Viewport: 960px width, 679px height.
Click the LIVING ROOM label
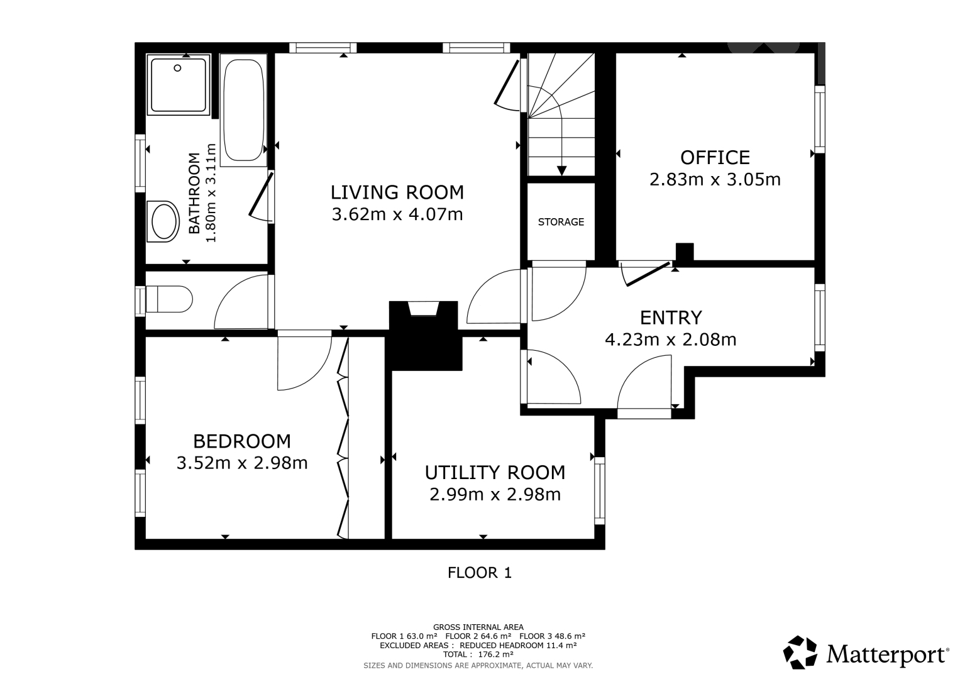(x=397, y=192)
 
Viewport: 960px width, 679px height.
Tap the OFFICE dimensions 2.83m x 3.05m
(x=715, y=179)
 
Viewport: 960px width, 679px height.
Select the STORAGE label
(x=561, y=221)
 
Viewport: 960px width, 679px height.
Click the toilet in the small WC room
(x=169, y=299)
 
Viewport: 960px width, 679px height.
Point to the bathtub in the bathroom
(x=243, y=110)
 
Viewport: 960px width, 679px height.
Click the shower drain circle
(x=177, y=68)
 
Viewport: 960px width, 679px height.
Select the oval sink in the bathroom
(x=163, y=221)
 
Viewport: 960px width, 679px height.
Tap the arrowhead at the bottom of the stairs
(x=561, y=170)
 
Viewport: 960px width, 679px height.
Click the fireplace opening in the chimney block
(x=424, y=309)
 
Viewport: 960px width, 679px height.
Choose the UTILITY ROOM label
(x=495, y=473)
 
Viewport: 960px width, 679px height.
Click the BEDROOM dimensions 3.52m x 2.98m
(x=242, y=463)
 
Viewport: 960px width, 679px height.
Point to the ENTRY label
(x=671, y=317)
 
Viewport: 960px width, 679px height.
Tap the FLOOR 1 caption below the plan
(x=480, y=573)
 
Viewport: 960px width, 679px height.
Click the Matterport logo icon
(x=800, y=653)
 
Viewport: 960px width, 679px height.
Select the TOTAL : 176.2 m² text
(x=478, y=654)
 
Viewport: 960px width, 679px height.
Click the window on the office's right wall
(x=819, y=119)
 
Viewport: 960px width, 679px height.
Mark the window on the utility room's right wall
(x=600, y=490)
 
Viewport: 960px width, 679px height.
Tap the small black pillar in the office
(x=685, y=252)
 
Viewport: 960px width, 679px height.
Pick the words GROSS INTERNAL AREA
(x=478, y=627)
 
